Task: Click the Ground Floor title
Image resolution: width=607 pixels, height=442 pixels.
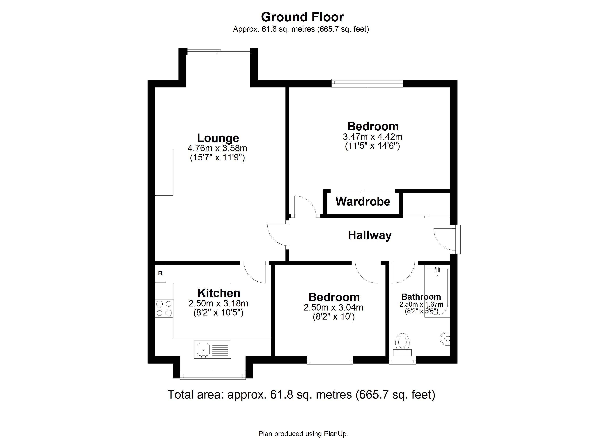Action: click(302, 17)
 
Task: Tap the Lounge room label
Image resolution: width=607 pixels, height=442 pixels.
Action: click(218, 138)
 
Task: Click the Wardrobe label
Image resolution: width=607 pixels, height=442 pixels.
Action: click(363, 201)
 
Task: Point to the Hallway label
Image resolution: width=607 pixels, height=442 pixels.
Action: click(369, 235)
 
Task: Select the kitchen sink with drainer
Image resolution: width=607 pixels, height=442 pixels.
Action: click(212, 349)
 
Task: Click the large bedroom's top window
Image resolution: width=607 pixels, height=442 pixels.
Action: click(367, 83)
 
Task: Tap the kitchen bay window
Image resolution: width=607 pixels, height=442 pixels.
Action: click(213, 375)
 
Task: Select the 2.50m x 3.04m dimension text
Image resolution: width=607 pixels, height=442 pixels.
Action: click(333, 307)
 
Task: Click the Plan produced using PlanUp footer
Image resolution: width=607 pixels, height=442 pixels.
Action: click(303, 434)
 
